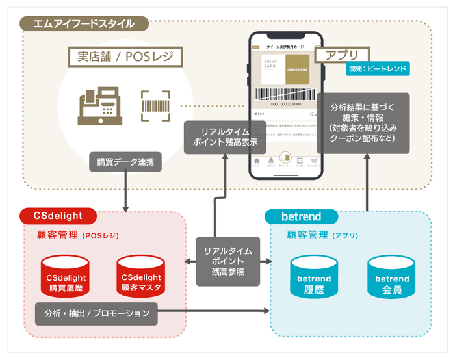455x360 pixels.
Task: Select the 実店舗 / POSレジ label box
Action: tap(122, 57)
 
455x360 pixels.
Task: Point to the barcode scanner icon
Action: tap(155, 105)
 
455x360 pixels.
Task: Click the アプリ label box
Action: tap(341, 55)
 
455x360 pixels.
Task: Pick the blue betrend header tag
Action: tap(302, 216)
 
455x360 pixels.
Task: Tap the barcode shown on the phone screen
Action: tap(285, 95)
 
